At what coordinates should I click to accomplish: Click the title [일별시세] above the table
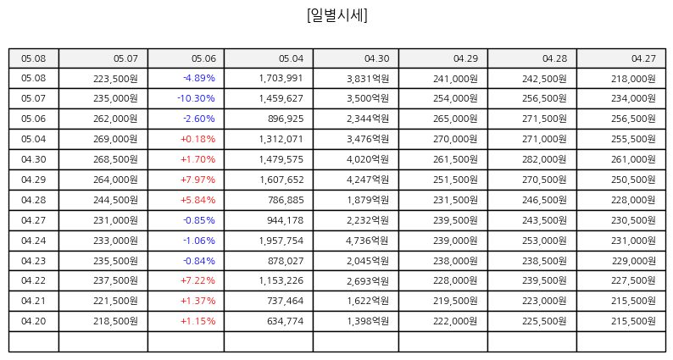[337, 15]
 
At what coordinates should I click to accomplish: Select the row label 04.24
[33, 241]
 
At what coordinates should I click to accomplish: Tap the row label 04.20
[33, 321]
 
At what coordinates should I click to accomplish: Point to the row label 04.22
[33, 280]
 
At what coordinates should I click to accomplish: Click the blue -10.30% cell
[196, 98]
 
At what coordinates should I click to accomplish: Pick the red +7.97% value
[197, 180]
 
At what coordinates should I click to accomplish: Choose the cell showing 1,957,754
[281, 241]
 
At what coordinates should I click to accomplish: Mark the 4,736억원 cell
[367, 241]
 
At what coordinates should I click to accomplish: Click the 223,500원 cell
[115, 79]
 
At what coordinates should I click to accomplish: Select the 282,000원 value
[544, 159]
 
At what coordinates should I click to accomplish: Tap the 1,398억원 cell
[368, 321]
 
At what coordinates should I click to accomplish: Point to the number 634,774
[285, 321]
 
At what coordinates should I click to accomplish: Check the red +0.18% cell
[197, 139]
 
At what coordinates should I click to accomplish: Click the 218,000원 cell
[633, 79]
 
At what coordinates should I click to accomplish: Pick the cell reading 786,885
[285, 200]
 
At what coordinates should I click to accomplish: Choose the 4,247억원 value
[368, 180]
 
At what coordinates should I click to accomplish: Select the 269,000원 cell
[115, 139]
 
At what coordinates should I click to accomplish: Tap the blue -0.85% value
[199, 220]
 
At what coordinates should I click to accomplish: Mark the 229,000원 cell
[633, 261]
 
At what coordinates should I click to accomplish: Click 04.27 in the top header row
[643, 58]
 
